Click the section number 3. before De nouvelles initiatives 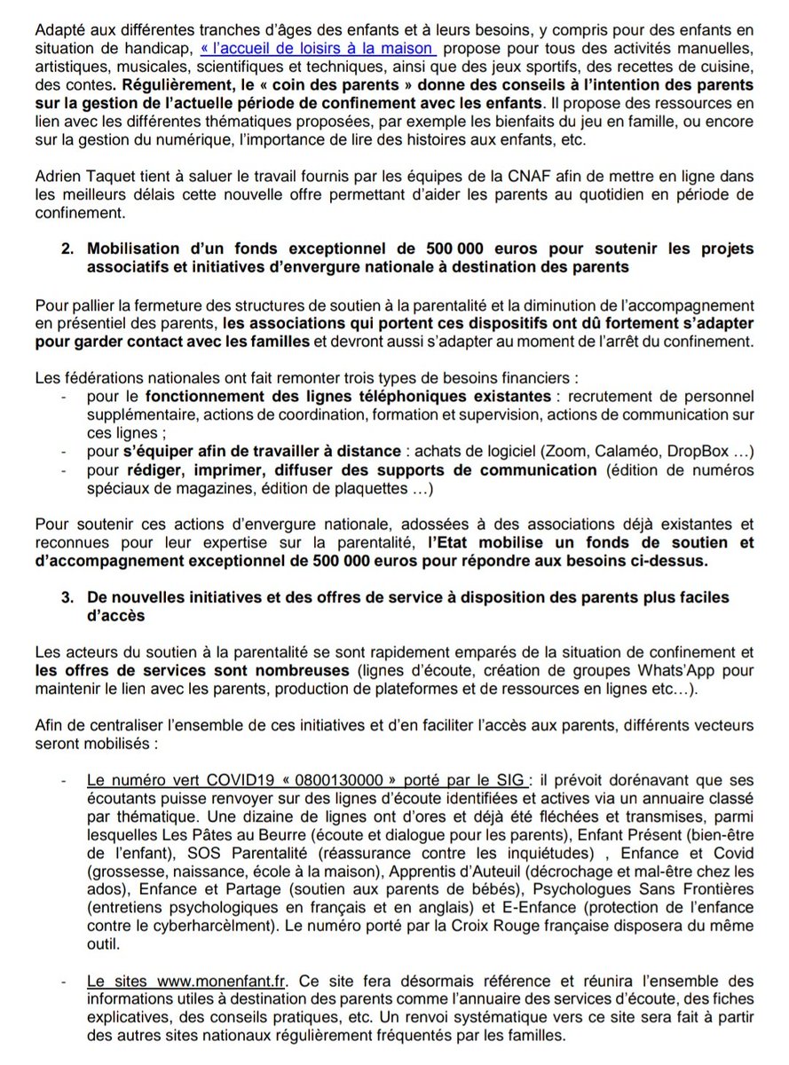67,597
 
